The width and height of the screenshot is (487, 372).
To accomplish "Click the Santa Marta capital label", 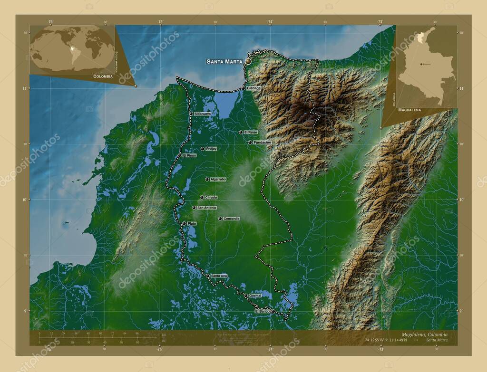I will click(224, 61).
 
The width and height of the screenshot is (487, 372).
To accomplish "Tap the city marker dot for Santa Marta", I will click(248, 61).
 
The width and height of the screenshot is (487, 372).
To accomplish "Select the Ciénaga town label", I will click(254, 88).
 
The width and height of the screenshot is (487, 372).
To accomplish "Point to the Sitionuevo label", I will click(203, 114).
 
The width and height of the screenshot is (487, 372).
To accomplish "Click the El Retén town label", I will click(251, 132).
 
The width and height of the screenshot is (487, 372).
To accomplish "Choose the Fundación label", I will click(263, 142).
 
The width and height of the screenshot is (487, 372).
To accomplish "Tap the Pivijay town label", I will click(211, 149).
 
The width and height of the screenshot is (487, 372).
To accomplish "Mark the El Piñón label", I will click(189, 155).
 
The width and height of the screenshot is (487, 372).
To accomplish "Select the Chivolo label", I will click(211, 197).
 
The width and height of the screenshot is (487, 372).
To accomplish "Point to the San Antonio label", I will click(207, 208).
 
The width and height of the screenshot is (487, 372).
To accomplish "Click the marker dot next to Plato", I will click(184, 223).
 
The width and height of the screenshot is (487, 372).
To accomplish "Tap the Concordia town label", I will click(232, 219).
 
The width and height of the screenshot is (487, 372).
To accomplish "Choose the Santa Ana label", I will click(219, 276).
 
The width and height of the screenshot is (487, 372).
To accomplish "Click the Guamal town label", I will click(255, 296).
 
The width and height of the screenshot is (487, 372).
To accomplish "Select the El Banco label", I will click(263, 311).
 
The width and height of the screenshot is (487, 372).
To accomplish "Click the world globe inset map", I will click(72, 49).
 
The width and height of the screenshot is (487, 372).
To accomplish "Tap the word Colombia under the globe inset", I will click(103, 76).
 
